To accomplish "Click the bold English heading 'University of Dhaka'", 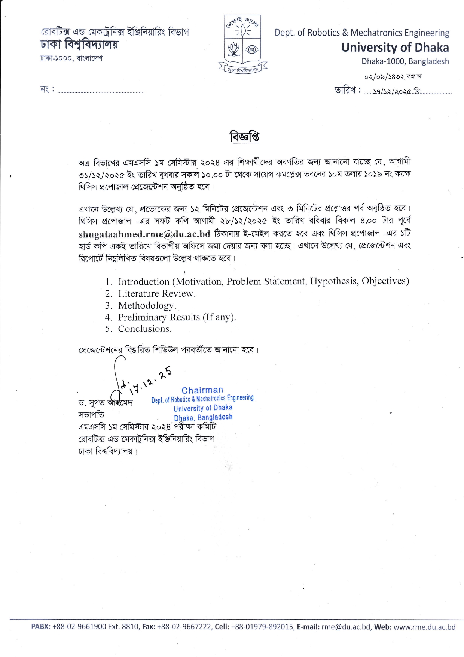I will [x=395, y=48].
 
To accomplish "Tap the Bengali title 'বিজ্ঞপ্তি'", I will [x=245, y=137].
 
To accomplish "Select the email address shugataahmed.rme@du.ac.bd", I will [x=144, y=234].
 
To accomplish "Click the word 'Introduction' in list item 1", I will [x=144, y=282].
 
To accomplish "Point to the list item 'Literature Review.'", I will [x=157, y=294].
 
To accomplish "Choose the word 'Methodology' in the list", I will [x=146, y=306].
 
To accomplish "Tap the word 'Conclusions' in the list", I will [x=144, y=329].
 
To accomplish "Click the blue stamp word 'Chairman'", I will [x=202, y=390].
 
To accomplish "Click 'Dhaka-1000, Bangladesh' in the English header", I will [x=405, y=61].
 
